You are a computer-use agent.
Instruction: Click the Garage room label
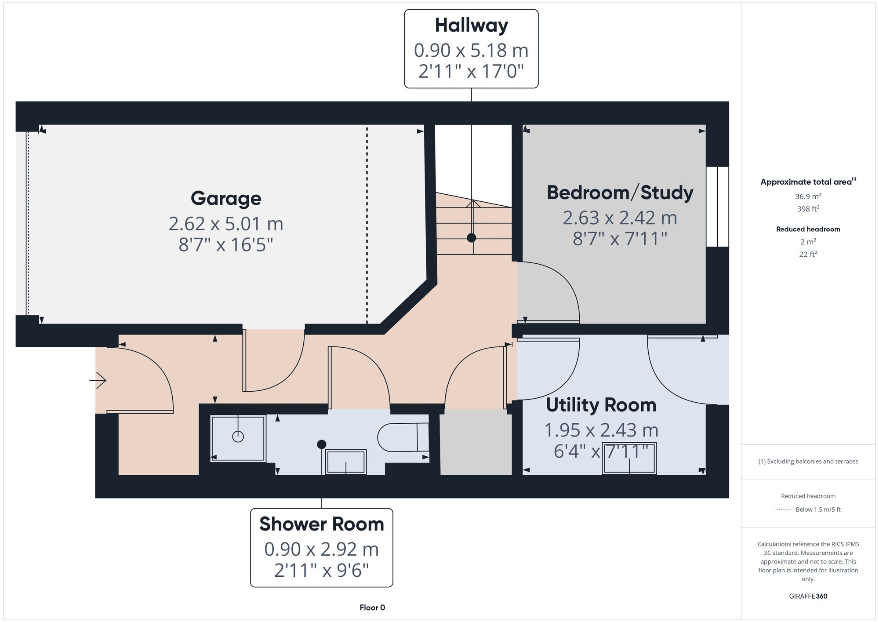[x=226, y=198]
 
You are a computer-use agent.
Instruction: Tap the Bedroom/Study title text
[x=620, y=193]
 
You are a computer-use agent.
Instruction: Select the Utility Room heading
[x=601, y=405]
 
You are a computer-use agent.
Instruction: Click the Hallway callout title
[x=471, y=25]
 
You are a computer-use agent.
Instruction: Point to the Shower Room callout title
[x=321, y=524]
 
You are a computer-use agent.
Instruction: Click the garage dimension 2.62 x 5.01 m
[x=226, y=224]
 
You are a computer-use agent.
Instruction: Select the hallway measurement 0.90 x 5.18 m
[x=471, y=51]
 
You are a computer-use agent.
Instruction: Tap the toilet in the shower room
[x=402, y=437]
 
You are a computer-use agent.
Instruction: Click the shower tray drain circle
[x=238, y=436]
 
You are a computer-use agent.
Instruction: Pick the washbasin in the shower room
[x=346, y=462]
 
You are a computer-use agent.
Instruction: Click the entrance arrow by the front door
[x=98, y=380]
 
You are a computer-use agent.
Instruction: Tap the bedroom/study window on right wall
[x=717, y=207]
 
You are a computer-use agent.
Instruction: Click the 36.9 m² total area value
[x=808, y=196]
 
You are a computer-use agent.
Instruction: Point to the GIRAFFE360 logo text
[x=808, y=596]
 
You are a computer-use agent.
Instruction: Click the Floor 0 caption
[x=372, y=607]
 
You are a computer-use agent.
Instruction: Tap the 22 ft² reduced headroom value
[x=808, y=254]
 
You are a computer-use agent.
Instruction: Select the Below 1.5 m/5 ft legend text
[x=818, y=509]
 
